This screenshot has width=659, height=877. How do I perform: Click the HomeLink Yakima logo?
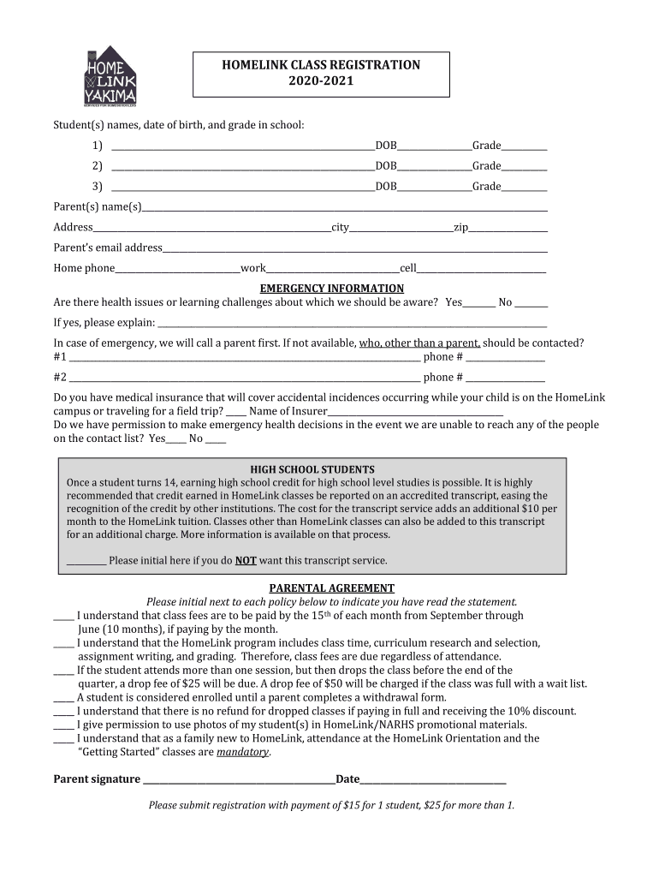point(110,77)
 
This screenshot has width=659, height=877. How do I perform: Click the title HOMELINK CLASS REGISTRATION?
point(321,65)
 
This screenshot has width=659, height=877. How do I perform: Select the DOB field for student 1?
point(434,146)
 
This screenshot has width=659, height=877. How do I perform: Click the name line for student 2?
point(243,167)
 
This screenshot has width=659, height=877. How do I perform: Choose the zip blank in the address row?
point(508,229)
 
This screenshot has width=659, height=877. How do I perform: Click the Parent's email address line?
point(354,249)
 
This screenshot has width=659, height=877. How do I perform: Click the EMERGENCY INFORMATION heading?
point(332,289)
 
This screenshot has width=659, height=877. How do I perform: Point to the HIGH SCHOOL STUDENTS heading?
point(312,470)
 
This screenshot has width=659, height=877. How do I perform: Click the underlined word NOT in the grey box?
point(246,561)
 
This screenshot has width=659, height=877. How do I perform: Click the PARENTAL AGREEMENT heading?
point(332,588)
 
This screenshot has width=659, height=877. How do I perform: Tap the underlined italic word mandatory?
point(243,753)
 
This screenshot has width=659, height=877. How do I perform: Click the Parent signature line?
point(239,781)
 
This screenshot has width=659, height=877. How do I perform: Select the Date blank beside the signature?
point(433,781)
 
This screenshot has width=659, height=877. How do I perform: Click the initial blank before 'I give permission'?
point(63,725)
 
